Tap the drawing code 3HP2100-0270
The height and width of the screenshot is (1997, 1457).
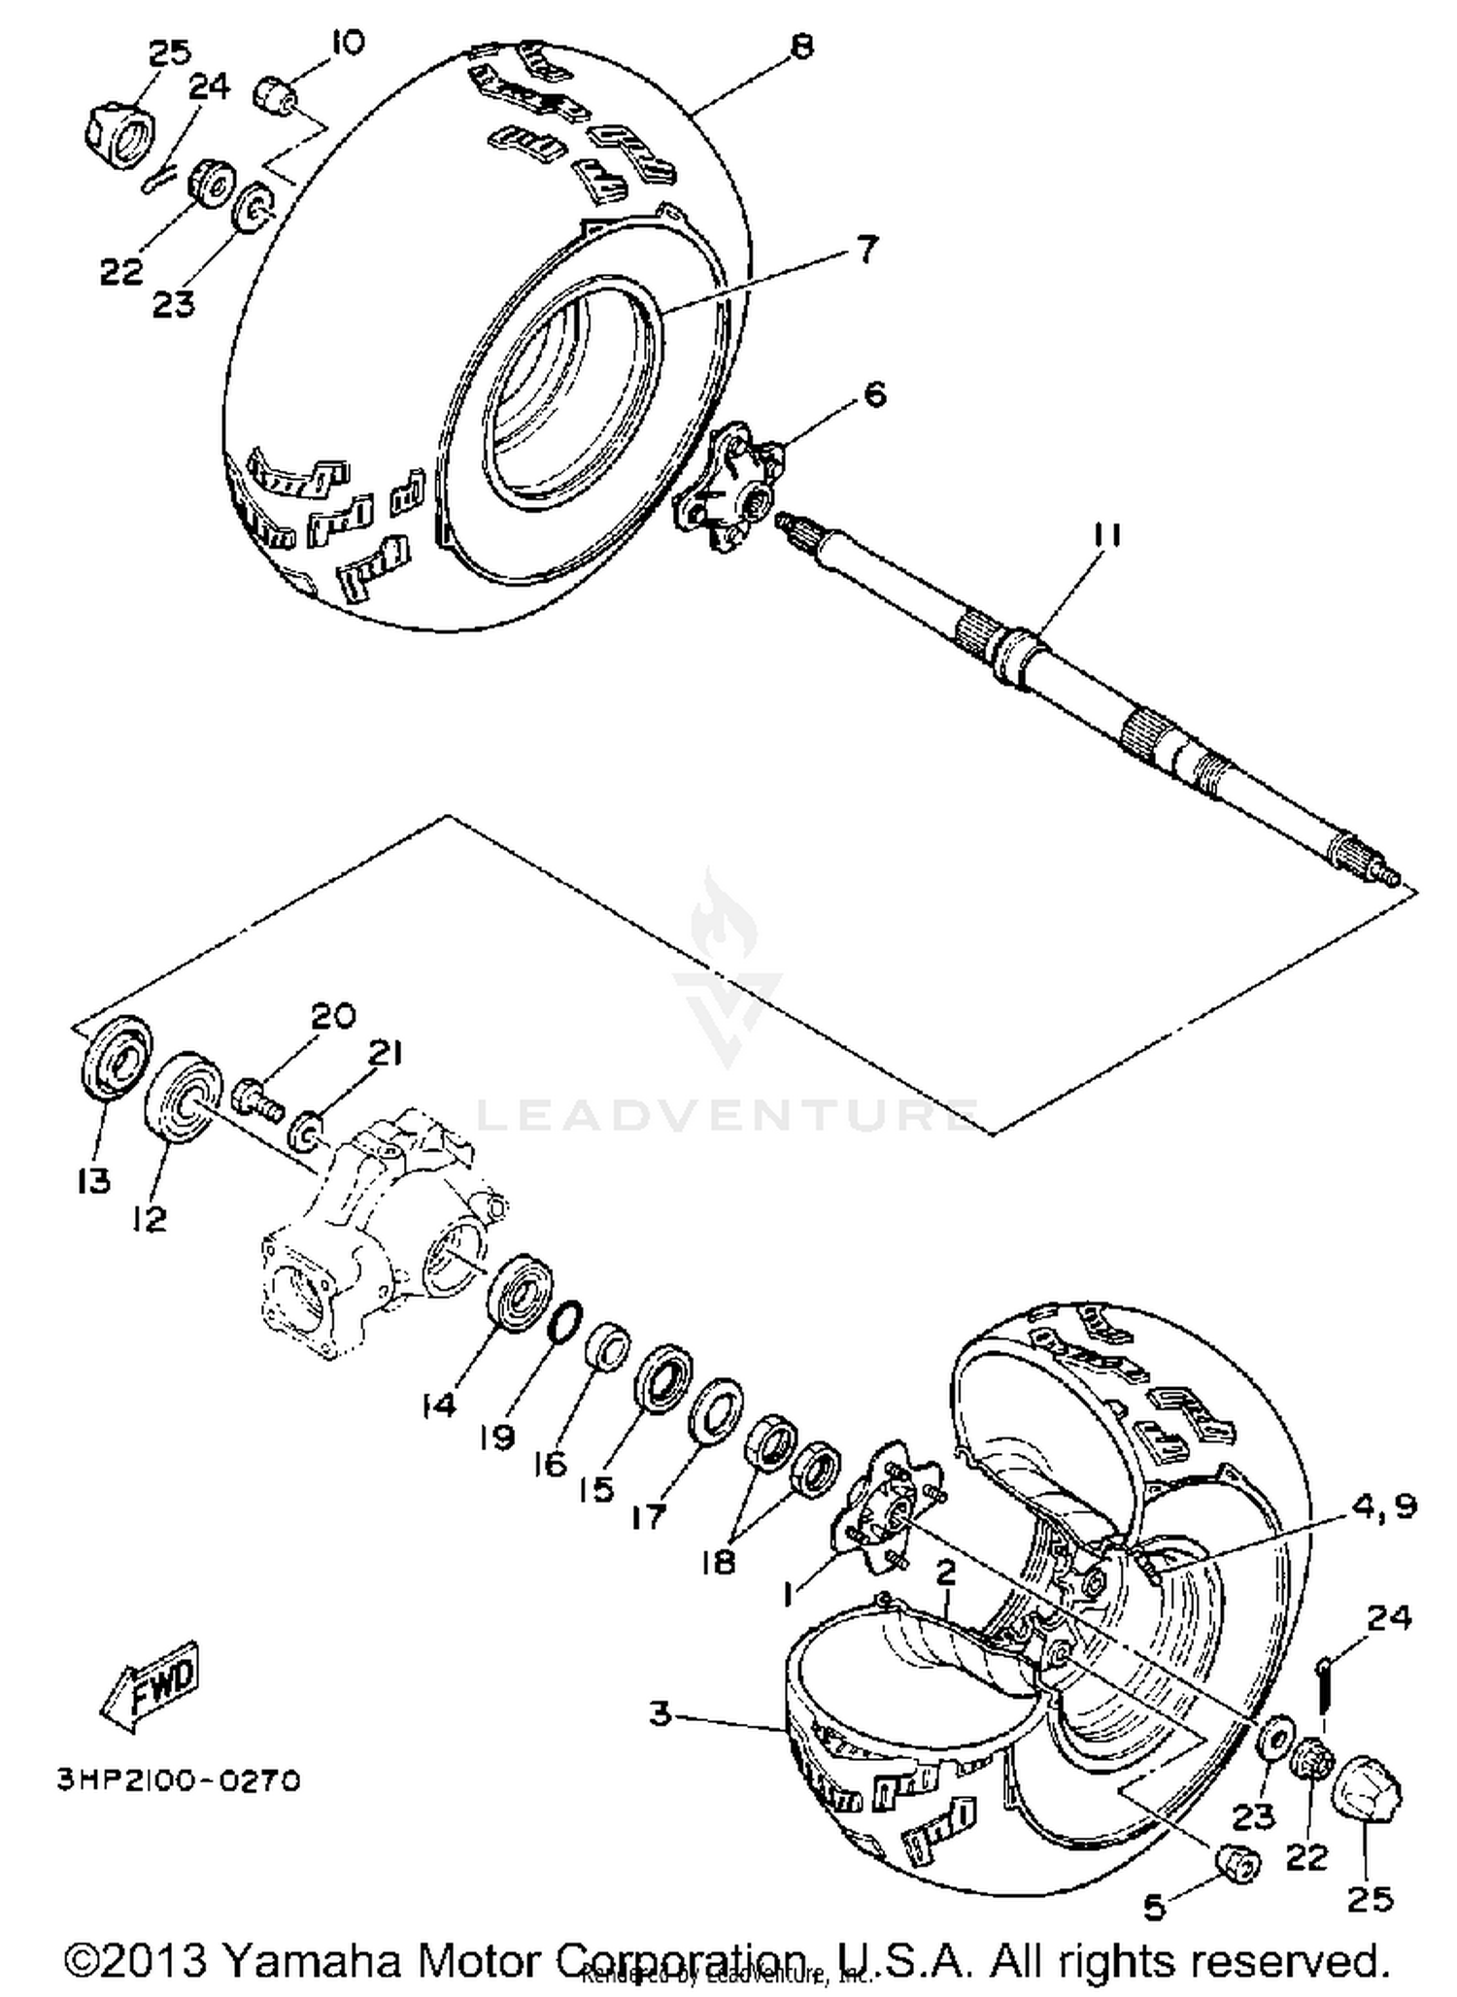click(x=179, y=1780)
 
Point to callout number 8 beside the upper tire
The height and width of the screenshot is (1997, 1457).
click(x=801, y=46)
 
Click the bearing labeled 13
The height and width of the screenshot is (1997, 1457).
click(x=115, y=1056)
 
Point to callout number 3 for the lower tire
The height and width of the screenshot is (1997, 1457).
click(x=661, y=1714)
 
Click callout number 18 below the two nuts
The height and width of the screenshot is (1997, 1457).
click(x=720, y=1563)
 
